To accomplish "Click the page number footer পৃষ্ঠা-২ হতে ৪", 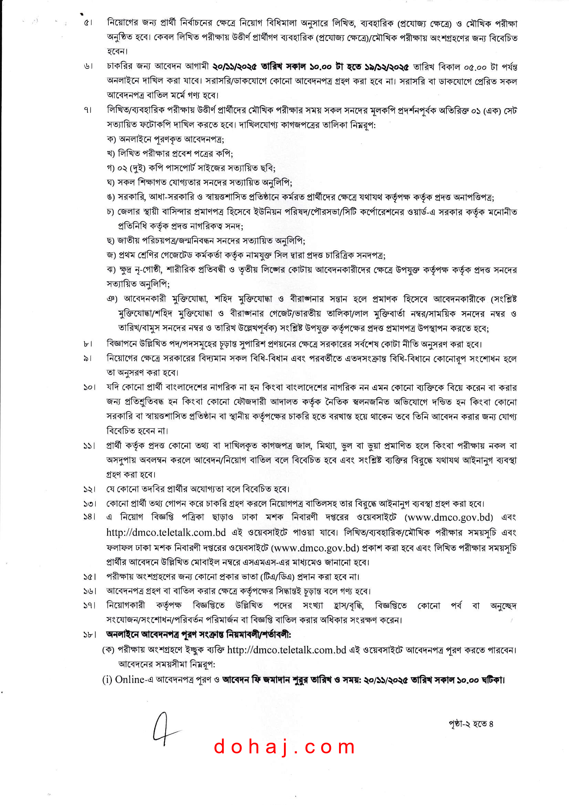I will click(471, 724).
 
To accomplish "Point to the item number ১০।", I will click(89, 387).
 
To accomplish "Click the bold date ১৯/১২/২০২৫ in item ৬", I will click(387, 66).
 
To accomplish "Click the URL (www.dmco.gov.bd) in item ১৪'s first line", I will click(449, 517).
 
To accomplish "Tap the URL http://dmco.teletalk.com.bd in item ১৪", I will click(166, 532).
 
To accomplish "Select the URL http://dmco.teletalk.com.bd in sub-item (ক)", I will click(286, 650).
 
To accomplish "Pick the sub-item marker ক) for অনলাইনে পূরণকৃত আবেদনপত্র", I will click(112, 139).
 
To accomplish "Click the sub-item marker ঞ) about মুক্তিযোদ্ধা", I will click(112, 299).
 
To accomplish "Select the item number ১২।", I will click(89, 489).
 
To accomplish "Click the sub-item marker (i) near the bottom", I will click(107, 680).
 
